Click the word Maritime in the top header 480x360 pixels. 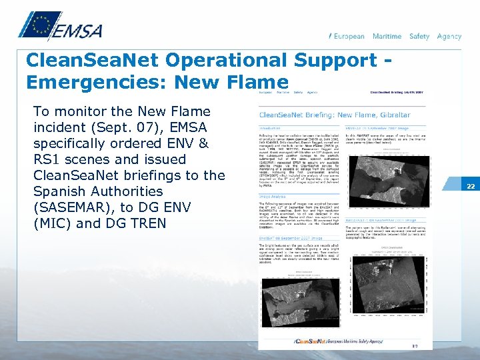point(387,37)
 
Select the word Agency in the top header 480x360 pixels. point(449,37)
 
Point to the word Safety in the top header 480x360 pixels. point(419,37)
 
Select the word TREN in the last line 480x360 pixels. point(149,223)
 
